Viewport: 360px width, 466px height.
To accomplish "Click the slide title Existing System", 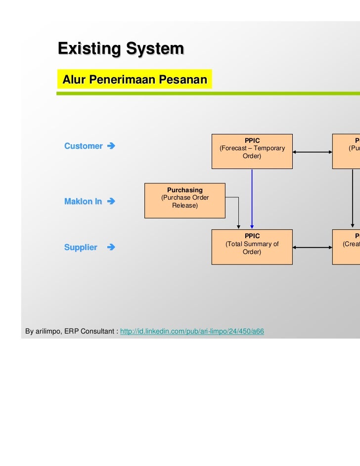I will pos(121,49).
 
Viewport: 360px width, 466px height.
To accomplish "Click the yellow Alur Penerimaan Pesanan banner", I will pos(134,80).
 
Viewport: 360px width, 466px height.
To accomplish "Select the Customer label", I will pos(83,146).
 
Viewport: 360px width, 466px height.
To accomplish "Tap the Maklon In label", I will pos(83,202).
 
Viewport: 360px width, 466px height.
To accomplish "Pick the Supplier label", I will pos(81,248).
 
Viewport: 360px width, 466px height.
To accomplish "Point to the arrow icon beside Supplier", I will pos(111,248).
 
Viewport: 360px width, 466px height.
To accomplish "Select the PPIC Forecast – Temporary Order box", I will pos(252,151).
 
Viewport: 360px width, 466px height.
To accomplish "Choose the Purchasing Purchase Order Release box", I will pos(184,200).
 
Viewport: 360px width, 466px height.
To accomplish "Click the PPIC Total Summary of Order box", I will pos(252,247).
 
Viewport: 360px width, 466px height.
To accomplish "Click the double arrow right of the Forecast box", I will pos(312,152).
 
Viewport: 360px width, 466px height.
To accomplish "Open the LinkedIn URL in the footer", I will pos(192,331).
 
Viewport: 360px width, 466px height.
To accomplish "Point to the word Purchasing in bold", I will pos(184,190).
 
